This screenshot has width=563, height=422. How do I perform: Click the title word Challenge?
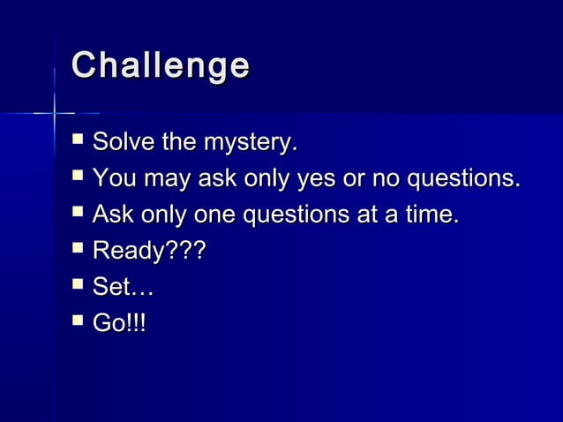click(160, 67)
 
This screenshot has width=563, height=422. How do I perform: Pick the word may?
click(166, 179)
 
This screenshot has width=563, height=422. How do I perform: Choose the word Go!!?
click(120, 324)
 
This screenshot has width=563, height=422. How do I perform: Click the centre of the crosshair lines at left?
click(55, 113)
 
